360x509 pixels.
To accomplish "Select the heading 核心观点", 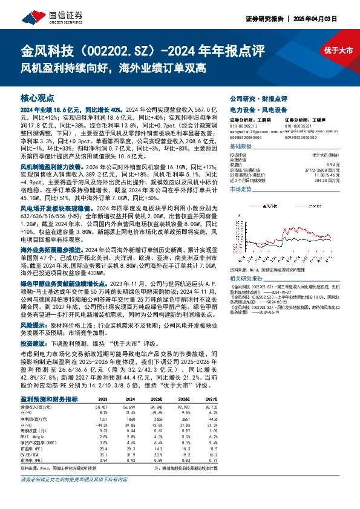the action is click(38, 97).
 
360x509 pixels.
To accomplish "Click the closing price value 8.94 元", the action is click(326, 164).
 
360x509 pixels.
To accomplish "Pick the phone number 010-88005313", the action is click(245, 126).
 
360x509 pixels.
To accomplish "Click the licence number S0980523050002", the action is click(299, 137).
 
